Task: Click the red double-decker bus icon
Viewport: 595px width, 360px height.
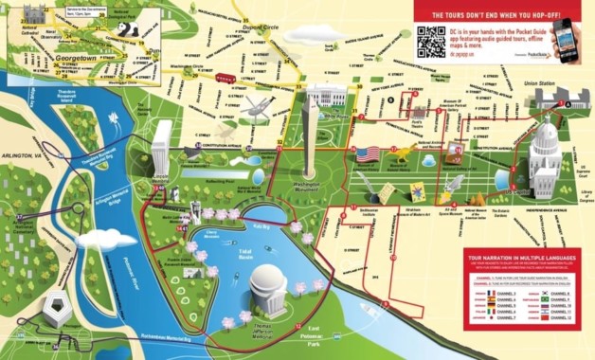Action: click(x=225, y=79)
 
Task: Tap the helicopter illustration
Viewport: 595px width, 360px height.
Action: click(x=258, y=109)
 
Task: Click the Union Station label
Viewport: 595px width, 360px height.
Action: click(x=545, y=84)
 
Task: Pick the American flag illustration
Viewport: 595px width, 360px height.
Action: click(x=367, y=153)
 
